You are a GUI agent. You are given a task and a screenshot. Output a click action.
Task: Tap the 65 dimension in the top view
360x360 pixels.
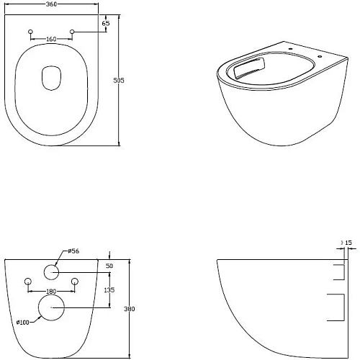point(107,24)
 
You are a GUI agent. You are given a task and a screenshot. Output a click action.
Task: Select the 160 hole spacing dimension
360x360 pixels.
point(51,39)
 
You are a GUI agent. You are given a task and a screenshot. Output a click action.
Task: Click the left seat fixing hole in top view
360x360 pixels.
point(30,32)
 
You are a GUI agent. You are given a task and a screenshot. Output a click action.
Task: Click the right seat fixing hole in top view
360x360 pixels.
point(73,32)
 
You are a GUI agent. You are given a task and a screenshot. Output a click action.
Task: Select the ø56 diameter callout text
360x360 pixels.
point(73,251)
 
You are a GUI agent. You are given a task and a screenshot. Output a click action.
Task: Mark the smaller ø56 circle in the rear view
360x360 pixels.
point(51,271)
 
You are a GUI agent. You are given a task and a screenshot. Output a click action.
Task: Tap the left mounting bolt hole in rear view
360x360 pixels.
point(28,281)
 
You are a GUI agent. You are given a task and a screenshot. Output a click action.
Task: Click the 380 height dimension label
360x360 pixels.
point(130,308)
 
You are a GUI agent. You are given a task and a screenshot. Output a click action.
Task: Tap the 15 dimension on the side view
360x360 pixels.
point(348,243)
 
